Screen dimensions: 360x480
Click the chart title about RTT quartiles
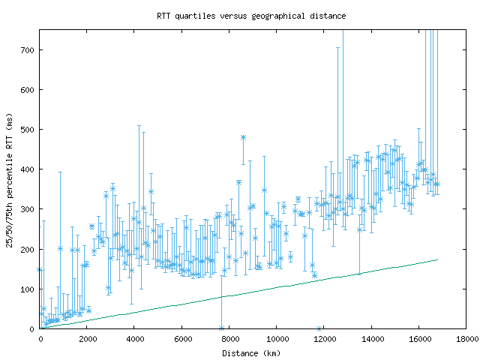(x=251, y=16)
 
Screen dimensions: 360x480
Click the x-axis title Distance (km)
(x=251, y=353)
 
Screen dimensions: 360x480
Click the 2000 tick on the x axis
(x=87, y=338)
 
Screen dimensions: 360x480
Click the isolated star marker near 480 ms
(x=243, y=137)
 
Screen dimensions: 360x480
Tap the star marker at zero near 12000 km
(x=319, y=328)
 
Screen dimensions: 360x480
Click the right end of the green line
(x=437, y=259)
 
